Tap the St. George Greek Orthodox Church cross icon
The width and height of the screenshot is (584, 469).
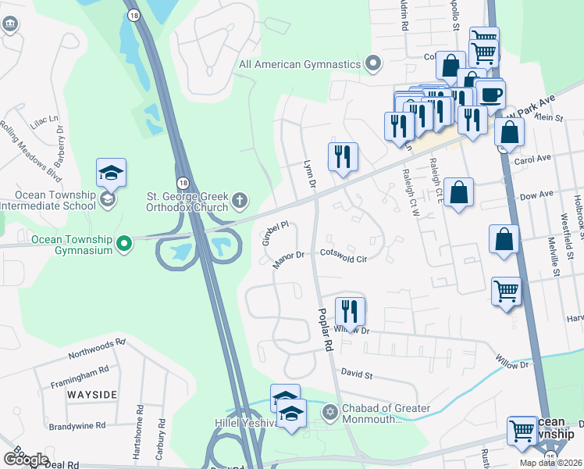pyautogui.click(x=240, y=202)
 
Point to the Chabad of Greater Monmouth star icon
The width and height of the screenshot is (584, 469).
pyautogui.click(x=329, y=412)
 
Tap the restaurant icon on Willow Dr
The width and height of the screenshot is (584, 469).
pyautogui.click(x=351, y=312)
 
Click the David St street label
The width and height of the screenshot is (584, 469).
pyautogui.click(x=358, y=375)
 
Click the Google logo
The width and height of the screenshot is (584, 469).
pyautogui.click(x=26, y=459)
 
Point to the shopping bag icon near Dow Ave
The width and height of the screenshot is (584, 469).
pyautogui.click(x=459, y=192)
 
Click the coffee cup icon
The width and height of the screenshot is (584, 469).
pyautogui.click(x=490, y=95)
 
